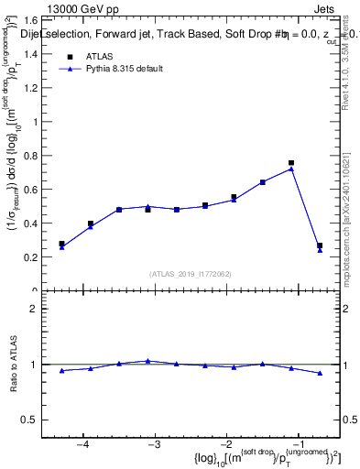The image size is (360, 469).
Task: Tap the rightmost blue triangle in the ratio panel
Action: click(320, 373)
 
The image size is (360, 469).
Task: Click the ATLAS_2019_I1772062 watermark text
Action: click(191, 273)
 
